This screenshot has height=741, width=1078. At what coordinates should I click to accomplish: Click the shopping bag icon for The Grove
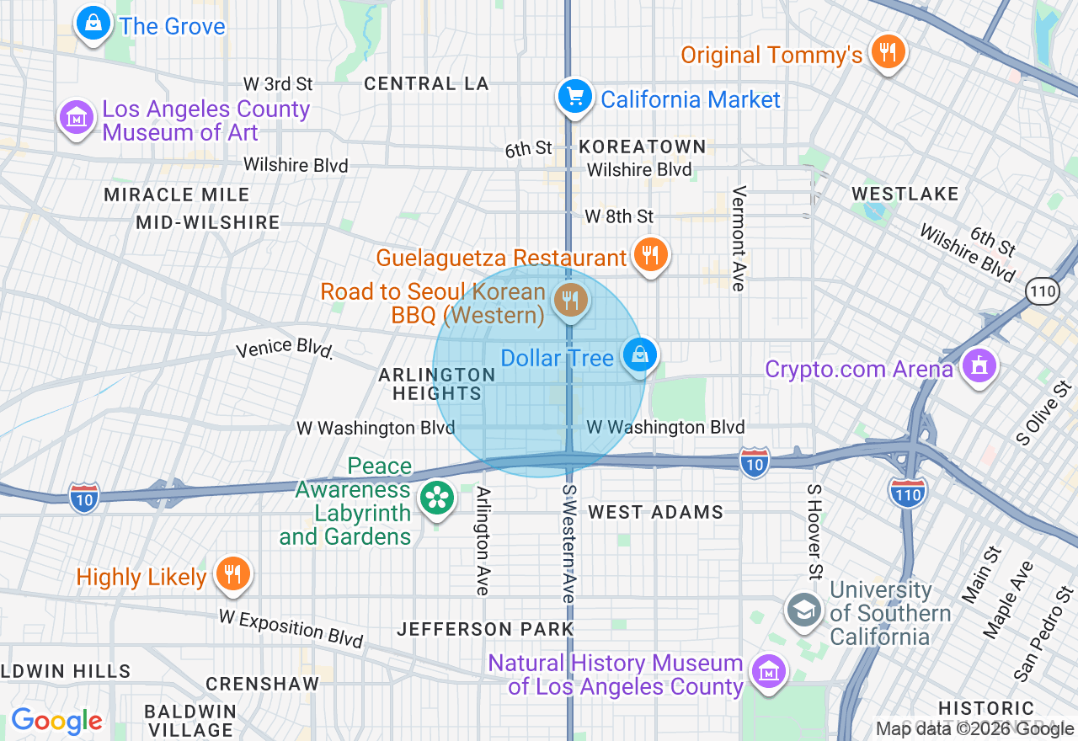pos(93,24)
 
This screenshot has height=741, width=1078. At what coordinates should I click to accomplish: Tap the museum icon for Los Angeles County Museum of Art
pos(77,119)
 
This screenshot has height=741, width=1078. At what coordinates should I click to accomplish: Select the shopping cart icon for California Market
pos(575,97)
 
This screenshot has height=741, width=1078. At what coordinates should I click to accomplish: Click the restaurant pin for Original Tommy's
pos(887,52)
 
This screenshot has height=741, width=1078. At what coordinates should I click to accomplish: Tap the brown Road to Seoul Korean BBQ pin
pos(570,299)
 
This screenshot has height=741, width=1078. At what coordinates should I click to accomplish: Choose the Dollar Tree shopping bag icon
pos(640,355)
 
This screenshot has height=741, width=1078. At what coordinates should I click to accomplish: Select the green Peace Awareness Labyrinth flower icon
pos(437,498)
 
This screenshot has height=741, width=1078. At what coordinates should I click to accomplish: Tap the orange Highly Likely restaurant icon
pos(232,574)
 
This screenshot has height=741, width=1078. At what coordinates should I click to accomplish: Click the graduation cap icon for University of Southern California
pos(803,610)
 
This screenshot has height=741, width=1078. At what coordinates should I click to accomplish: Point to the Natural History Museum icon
pos(768,672)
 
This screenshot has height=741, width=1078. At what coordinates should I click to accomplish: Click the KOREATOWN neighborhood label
pos(642,147)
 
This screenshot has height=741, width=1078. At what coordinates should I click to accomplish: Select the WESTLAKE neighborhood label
pos(905,194)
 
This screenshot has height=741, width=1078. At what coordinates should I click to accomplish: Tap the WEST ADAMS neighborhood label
pos(655,512)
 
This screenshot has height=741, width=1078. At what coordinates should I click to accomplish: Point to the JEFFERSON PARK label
pos(485,629)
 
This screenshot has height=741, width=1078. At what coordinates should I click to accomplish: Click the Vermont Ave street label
pos(739,238)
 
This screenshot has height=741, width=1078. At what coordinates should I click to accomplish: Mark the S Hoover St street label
pos(814,532)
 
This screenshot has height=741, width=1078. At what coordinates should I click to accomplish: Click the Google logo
pos(56,721)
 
